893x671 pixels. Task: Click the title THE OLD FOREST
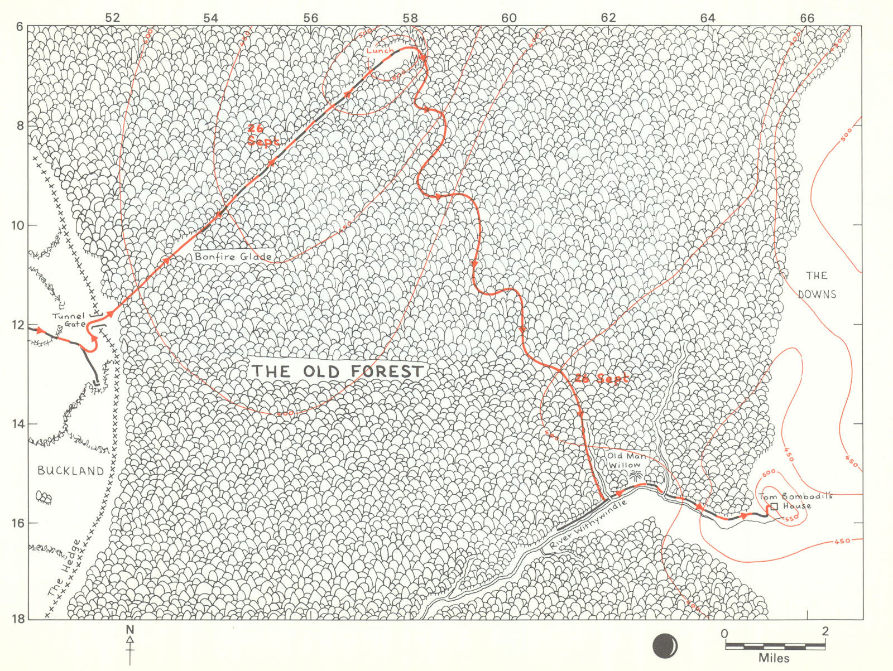[x=338, y=371]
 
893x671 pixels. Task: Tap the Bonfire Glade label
[x=233, y=257]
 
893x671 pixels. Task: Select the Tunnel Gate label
[x=69, y=320]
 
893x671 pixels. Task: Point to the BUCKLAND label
[x=71, y=471]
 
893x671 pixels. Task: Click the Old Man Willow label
[x=626, y=460]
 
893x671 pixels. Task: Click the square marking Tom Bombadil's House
[x=774, y=507]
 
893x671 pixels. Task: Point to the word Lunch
[x=380, y=51]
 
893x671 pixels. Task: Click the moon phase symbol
[x=666, y=645]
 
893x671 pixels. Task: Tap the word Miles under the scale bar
[x=774, y=658]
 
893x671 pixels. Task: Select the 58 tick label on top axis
[x=410, y=18]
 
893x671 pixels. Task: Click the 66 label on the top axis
[x=806, y=18]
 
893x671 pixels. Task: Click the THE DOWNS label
[x=817, y=284]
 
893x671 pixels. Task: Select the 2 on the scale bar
[x=824, y=633]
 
